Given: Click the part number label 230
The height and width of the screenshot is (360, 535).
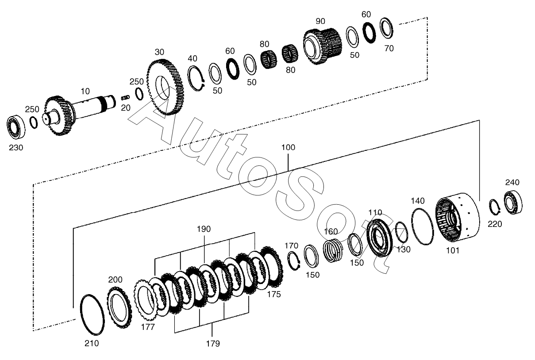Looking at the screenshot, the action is coord(16,148).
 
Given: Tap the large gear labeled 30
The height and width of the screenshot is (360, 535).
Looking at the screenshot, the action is coord(166,88).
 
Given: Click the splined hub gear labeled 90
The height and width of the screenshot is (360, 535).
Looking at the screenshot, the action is coord(322,46).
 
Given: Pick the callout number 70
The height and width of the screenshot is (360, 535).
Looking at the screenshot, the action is coord(389,49).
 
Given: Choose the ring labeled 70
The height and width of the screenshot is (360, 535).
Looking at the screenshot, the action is coord(386,28).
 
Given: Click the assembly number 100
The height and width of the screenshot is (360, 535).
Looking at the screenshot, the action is coord(288,148).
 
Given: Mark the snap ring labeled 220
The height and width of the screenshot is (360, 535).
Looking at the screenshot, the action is coord(494,206).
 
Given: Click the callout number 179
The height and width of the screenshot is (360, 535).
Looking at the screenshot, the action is coord(213,344).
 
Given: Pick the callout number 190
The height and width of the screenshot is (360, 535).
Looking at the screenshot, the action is coord(204,229).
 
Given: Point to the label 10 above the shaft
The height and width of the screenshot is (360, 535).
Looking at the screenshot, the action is coord(85,92).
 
